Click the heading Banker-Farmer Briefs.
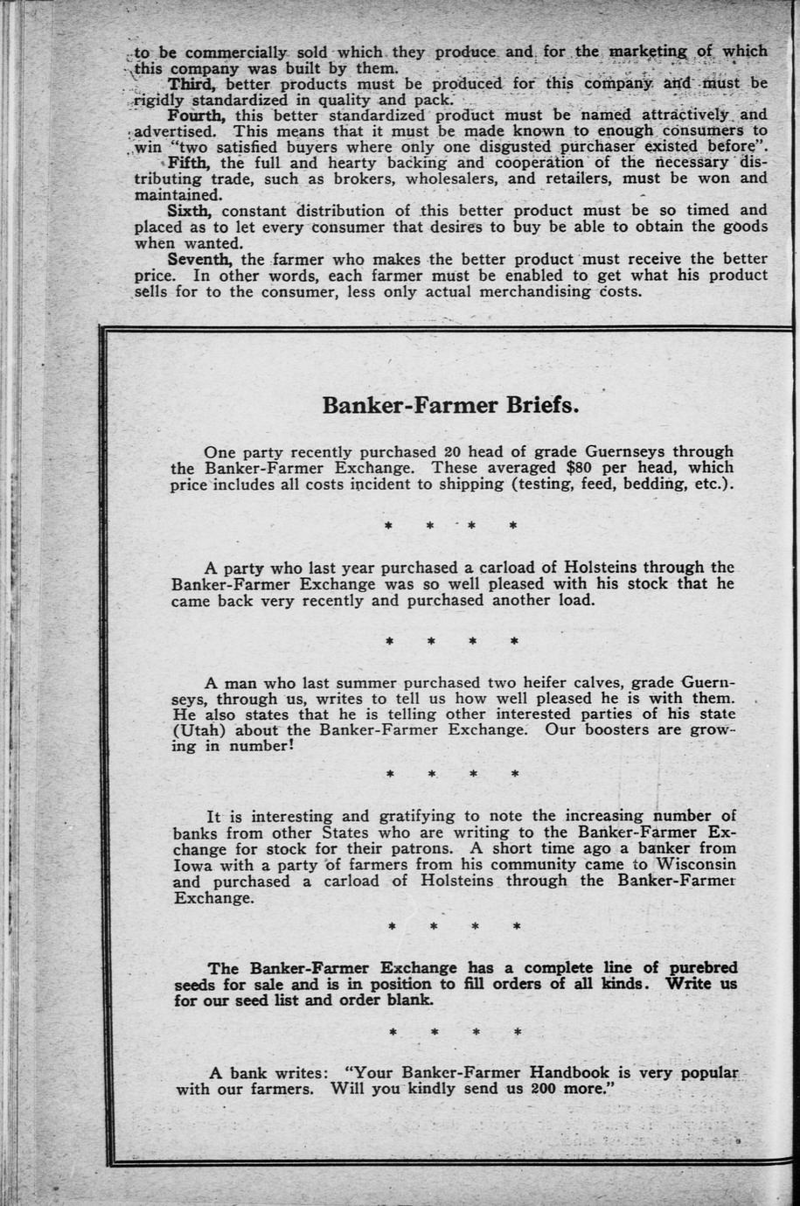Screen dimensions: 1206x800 451,407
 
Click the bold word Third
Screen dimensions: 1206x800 193,84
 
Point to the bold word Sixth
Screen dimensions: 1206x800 190,211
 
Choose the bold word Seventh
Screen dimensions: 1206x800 200,259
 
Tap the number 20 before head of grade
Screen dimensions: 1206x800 452,452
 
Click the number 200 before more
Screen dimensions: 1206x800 541,1089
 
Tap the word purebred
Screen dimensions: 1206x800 703,968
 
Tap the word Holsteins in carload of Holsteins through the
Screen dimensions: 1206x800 456,881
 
